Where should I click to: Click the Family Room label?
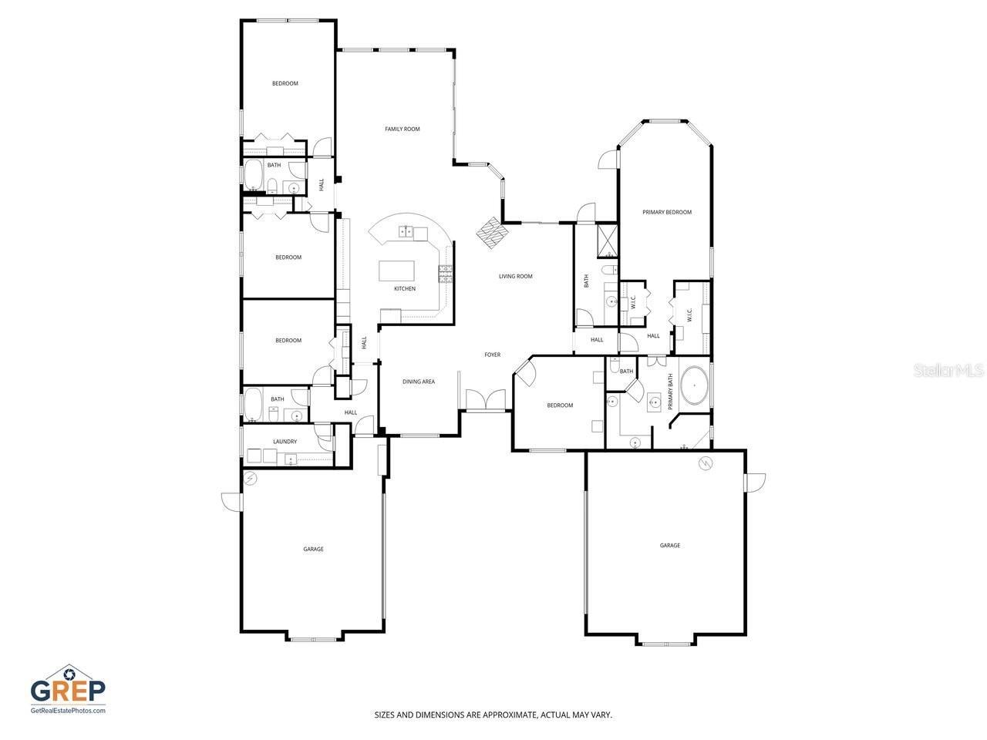(403, 129)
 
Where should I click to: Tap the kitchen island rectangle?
(396, 271)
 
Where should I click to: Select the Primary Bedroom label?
(667, 212)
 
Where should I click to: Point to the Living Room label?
(516, 276)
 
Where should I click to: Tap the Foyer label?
(492, 355)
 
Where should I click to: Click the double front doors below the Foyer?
(486, 401)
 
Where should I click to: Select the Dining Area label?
(419, 382)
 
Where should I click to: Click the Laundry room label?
(285, 442)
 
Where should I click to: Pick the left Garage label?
(313, 549)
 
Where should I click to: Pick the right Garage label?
(670, 545)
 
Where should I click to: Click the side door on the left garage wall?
(231, 501)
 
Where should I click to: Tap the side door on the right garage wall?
(755, 482)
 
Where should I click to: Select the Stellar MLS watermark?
(948, 371)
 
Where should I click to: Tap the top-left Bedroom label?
(285, 83)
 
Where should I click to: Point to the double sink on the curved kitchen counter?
(406, 231)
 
